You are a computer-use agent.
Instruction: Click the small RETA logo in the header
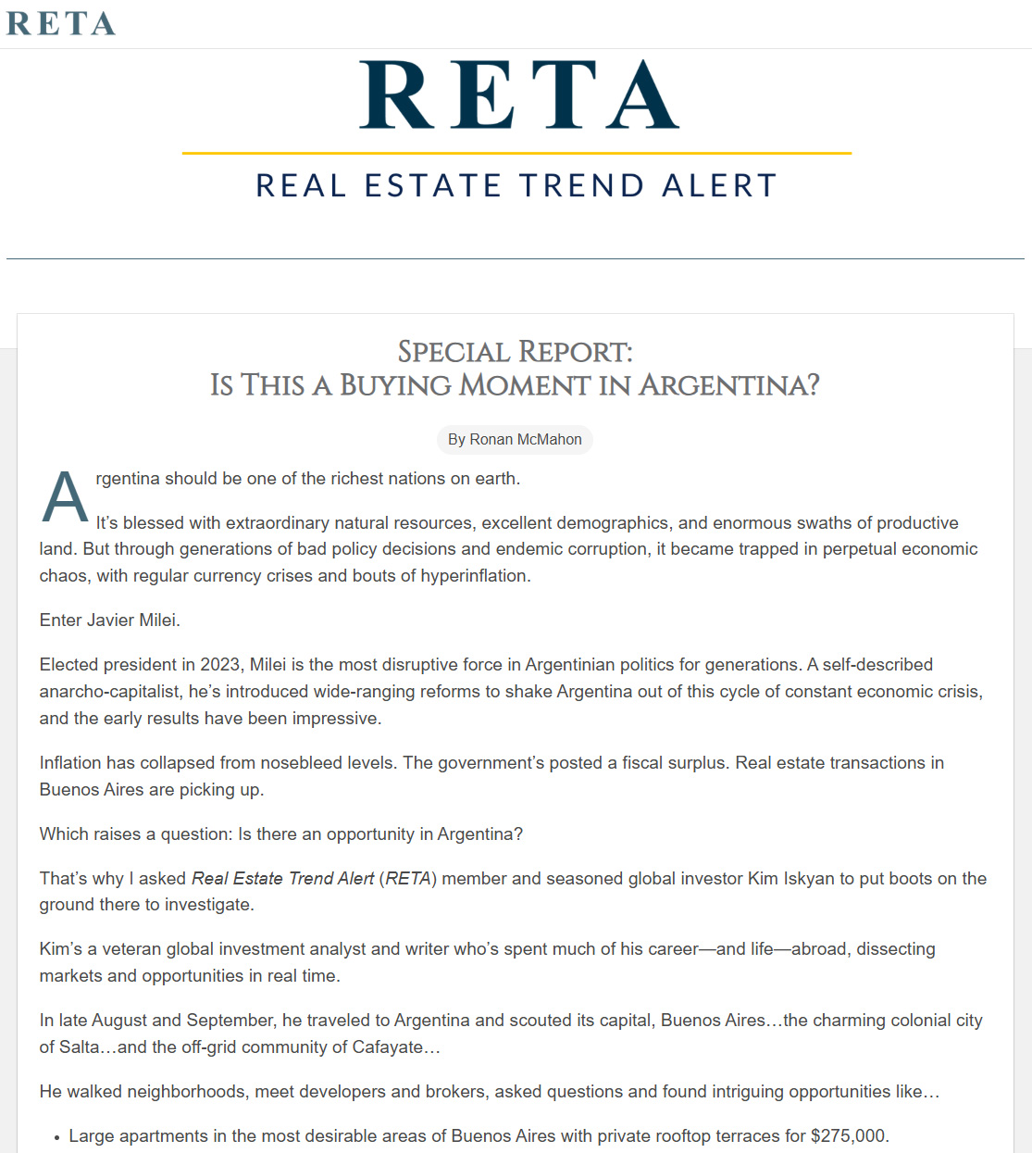(61, 23)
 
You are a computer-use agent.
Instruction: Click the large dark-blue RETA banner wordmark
(518, 95)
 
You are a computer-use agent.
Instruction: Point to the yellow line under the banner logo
(516, 153)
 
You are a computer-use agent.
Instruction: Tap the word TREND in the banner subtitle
(581, 185)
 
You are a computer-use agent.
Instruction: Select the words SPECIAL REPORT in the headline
(515, 352)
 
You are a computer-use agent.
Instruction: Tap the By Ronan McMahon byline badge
(515, 440)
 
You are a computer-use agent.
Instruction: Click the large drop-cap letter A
(65, 497)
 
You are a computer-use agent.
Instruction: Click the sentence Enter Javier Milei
(109, 620)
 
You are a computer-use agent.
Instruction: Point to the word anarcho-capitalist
(110, 692)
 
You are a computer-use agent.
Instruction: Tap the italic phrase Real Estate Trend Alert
(282, 879)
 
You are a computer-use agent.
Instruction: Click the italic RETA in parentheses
(408, 879)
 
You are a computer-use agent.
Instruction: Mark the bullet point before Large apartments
(56, 1138)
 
